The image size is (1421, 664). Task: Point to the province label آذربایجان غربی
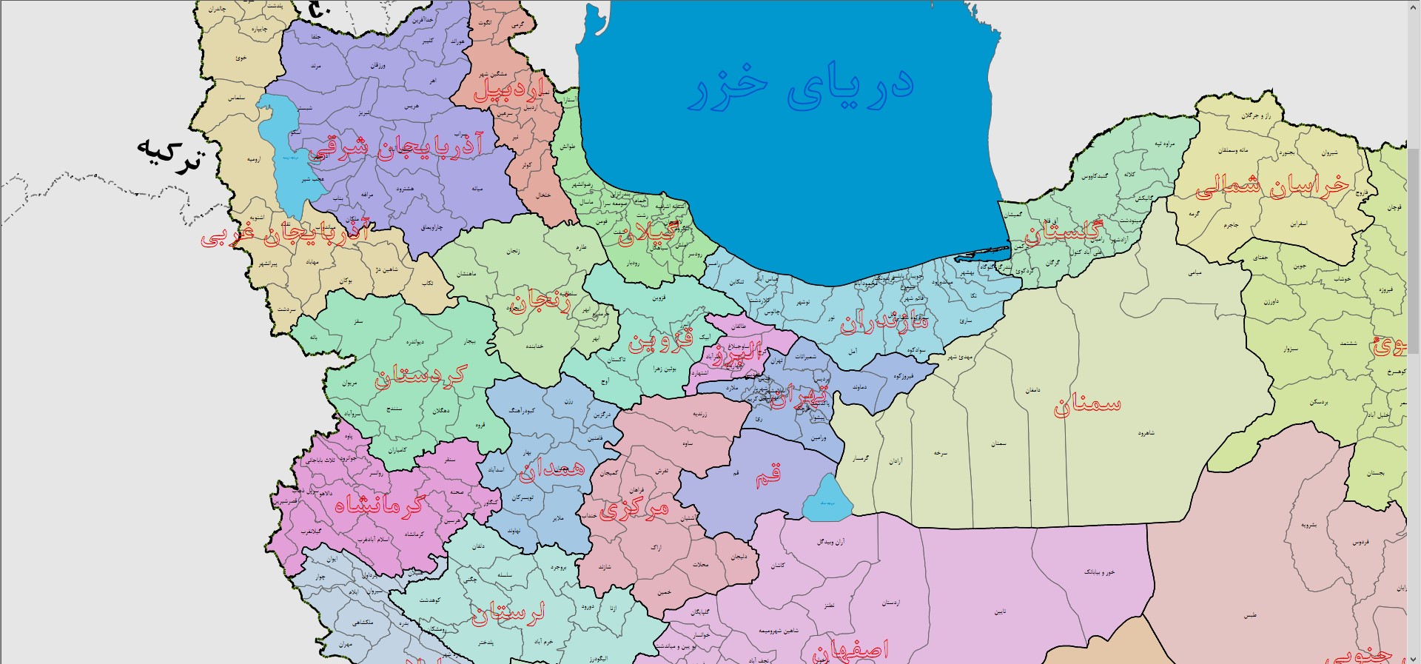click(285, 234)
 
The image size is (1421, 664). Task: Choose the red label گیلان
click(647, 232)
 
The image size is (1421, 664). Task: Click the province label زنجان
click(541, 302)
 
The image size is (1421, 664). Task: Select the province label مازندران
click(883, 323)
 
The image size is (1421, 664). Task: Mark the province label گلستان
click(1064, 232)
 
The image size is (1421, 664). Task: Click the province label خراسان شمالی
click(1272, 185)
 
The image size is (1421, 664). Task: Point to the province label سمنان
click(1086, 404)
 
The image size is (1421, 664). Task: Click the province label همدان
click(551, 469)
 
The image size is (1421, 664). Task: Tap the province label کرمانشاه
click(379, 505)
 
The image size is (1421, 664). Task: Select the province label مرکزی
click(634, 509)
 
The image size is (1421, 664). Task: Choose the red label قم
click(767, 476)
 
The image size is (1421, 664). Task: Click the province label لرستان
click(508, 612)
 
